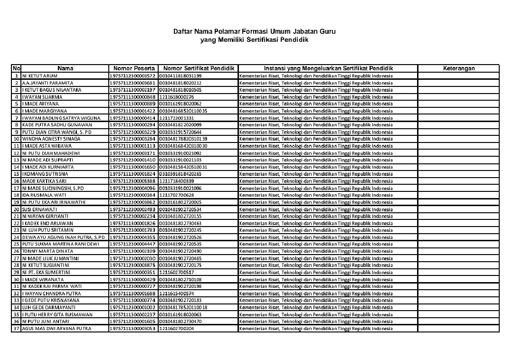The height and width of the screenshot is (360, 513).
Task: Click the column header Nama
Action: (65, 68)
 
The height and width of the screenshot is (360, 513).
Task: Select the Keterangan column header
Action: (458, 68)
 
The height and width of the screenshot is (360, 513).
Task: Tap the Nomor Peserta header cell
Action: (133, 68)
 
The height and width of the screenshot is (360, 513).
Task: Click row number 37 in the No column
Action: (16, 328)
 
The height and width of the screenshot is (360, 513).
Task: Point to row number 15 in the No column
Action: (16, 174)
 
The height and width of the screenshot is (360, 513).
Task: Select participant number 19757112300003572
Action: (133, 76)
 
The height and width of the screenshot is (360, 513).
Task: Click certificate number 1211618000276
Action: (176, 97)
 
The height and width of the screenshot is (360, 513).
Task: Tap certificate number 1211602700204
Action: (176, 328)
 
